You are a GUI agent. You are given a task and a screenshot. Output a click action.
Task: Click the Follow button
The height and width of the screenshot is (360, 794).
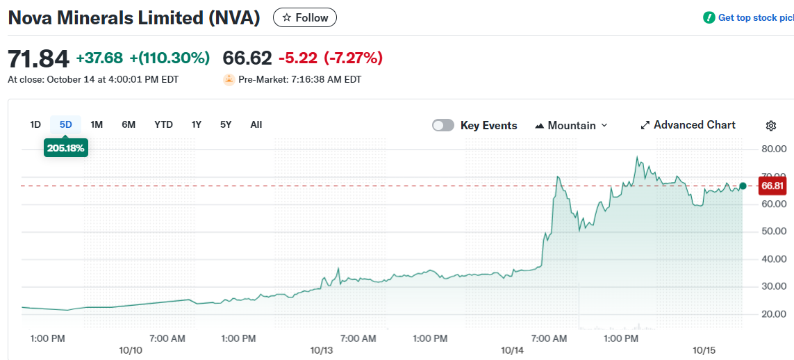tap(305, 17)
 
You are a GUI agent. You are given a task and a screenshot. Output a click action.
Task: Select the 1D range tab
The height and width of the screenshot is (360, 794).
tap(35, 124)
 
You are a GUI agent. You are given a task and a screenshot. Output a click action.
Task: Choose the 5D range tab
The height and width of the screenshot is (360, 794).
tap(66, 124)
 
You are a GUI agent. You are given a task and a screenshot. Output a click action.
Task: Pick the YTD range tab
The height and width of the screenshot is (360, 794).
tap(163, 124)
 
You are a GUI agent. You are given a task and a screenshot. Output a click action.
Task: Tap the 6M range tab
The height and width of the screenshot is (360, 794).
tap(129, 124)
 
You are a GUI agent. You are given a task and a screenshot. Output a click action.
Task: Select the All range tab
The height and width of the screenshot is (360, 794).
tap(256, 124)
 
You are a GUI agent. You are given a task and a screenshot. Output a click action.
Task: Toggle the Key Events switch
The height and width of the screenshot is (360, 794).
tap(443, 125)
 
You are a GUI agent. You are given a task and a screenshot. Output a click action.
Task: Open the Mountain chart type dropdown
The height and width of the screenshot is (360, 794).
tap(572, 125)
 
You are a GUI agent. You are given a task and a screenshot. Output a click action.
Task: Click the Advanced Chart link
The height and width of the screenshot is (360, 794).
tap(688, 125)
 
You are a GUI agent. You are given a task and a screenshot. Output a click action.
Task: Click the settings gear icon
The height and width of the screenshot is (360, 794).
tap(770, 126)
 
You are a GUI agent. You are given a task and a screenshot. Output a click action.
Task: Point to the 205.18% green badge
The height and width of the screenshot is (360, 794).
tap(66, 147)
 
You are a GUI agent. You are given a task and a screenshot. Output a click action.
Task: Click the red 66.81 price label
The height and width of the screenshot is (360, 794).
tap(772, 186)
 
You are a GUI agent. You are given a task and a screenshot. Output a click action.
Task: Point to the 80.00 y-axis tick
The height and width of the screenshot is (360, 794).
tap(774, 149)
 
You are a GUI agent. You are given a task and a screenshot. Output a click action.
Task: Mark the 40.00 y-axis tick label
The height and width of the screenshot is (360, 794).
tap(774, 259)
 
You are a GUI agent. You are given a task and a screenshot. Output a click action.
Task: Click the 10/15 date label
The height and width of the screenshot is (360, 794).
tap(704, 351)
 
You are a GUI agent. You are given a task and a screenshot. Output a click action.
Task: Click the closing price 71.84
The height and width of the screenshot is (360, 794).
tap(39, 58)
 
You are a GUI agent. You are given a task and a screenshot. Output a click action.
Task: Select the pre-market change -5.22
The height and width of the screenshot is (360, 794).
tap(298, 58)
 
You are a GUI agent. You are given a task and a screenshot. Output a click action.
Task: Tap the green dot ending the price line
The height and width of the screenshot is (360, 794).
tap(743, 186)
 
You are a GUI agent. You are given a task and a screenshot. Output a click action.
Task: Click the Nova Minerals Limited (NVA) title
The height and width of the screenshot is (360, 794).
tap(134, 18)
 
